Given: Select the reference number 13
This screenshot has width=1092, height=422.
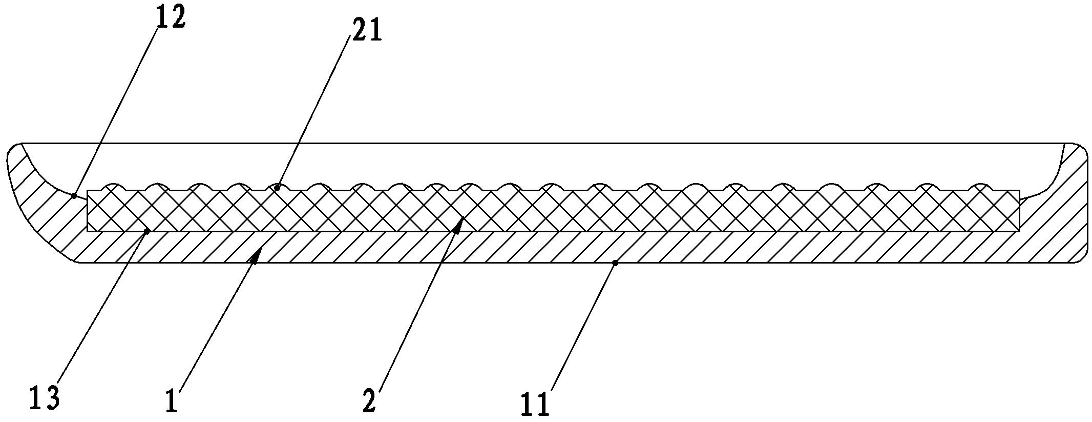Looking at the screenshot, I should coord(45,398).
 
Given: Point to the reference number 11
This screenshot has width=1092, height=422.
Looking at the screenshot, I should coord(535,404).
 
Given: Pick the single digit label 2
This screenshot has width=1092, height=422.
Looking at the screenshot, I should coord(369,401).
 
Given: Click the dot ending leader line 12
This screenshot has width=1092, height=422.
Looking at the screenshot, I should coord(74,195).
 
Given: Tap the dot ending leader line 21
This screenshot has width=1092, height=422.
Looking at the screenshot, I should coord(277,188).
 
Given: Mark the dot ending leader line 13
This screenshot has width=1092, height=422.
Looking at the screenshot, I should coord(147,232).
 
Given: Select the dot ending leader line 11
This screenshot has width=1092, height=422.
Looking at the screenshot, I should coord(615,263).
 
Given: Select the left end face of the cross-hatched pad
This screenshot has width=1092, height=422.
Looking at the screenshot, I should coord(88,211).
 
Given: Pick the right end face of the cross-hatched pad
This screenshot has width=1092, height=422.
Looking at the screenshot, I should coord(1019,211).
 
